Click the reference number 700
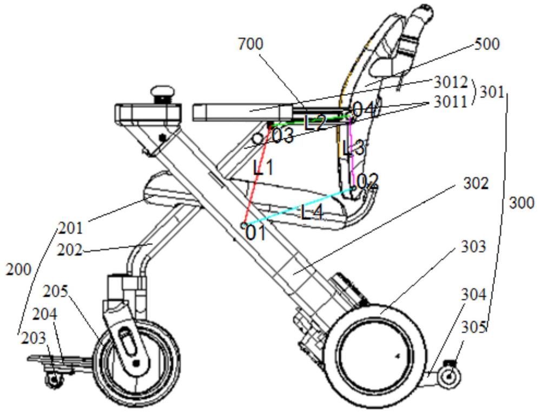251,44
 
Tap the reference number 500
487,44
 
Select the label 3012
450,83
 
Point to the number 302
476,183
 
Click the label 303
473,246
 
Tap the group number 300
522,203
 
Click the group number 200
18,270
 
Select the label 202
70,249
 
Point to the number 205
56,292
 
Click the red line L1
256,176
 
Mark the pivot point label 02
368,181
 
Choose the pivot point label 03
283,136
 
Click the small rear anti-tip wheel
449,377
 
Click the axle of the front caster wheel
137,363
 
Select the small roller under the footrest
54,380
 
